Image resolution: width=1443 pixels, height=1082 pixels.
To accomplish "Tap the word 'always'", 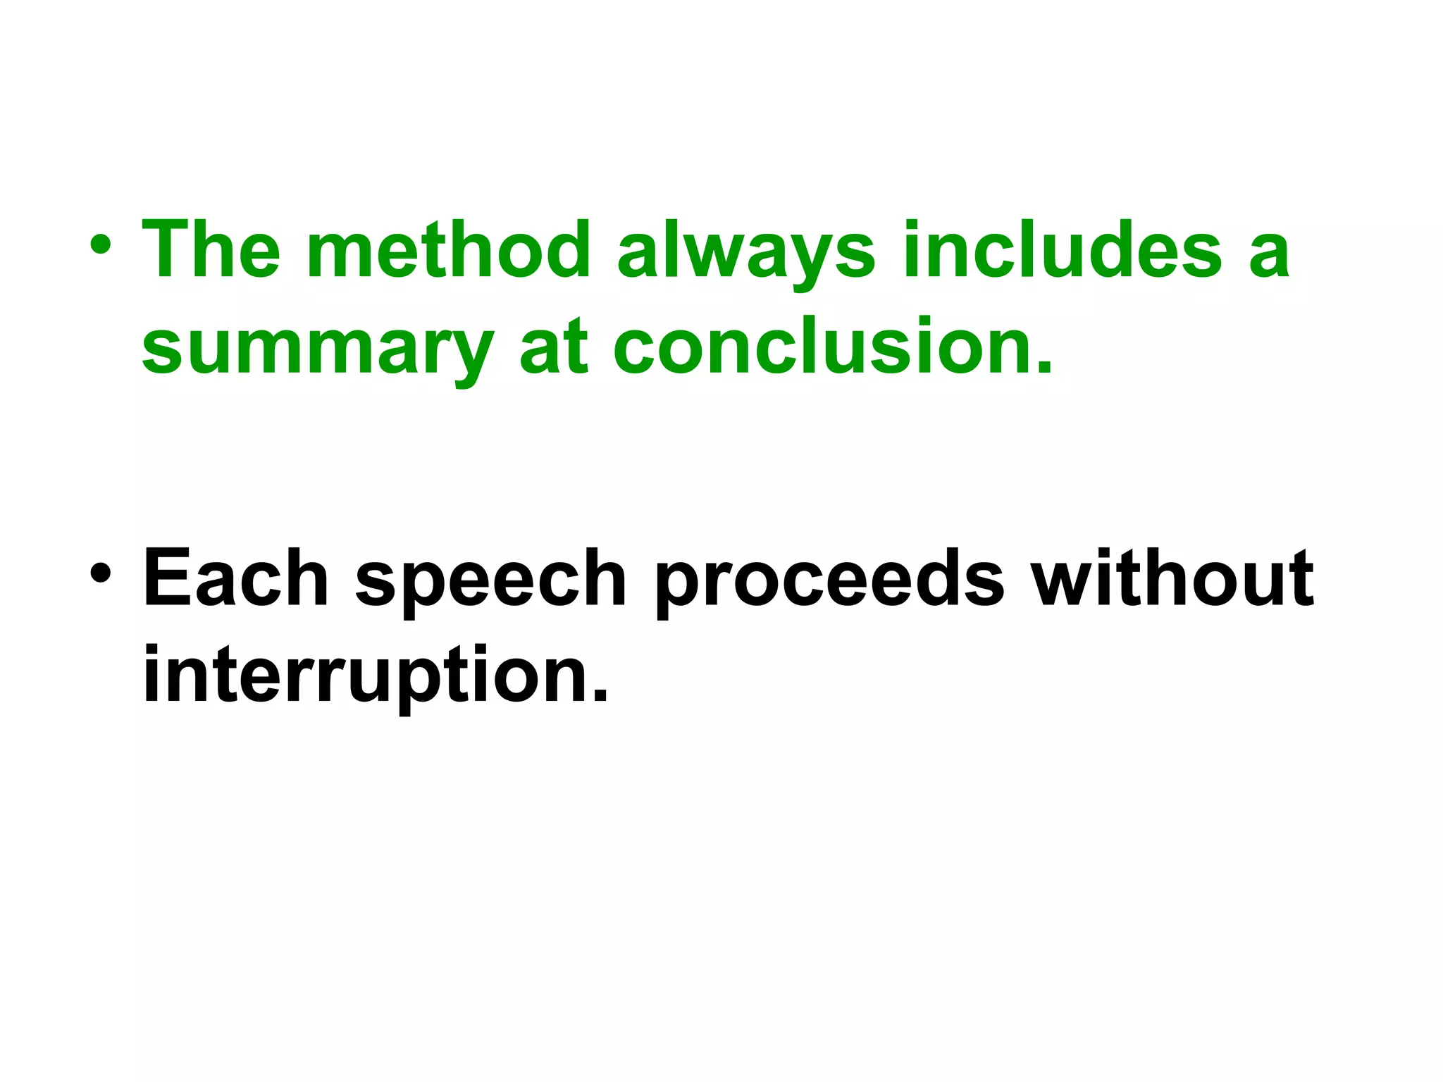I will click(746, 252).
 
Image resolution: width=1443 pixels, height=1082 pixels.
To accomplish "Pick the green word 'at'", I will click(553, 347).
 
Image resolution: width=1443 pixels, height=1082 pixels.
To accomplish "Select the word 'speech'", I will click(491, 581).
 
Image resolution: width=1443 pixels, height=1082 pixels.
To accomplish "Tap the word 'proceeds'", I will click(829, 581).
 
